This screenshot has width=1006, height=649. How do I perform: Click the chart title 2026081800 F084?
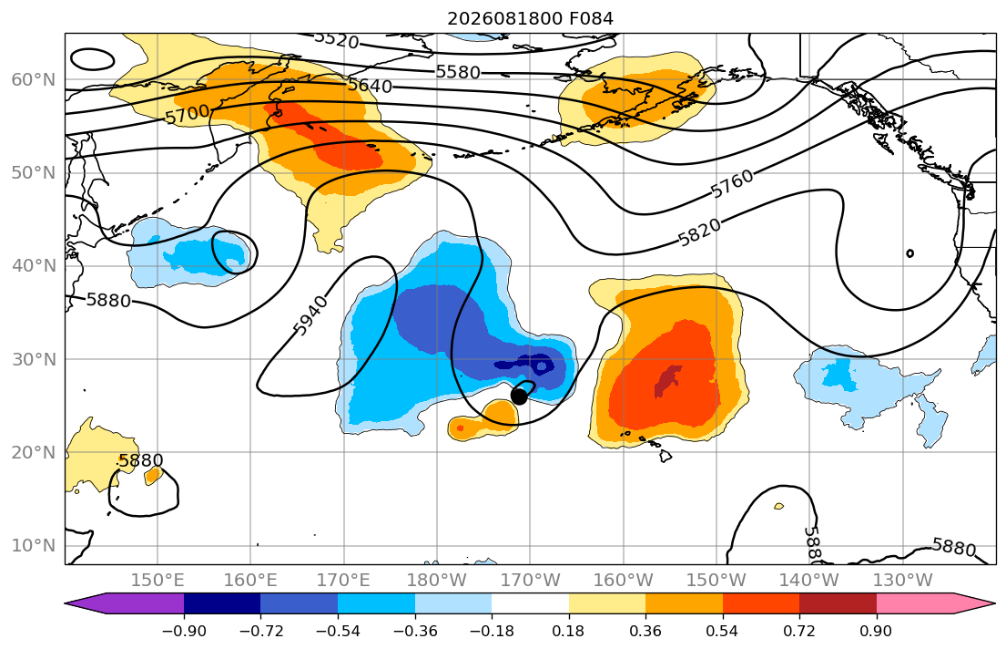click(x=530, y=18)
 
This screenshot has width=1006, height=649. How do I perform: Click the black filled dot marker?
click(x=519, y=397)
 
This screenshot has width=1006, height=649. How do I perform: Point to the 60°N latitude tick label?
click(x=34, y=79)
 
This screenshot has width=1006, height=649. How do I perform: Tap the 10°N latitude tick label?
click(x=34, y=546)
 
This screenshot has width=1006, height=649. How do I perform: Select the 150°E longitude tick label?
click(x=158, y=581)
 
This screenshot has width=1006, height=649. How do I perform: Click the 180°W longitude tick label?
click(x=437, y=581)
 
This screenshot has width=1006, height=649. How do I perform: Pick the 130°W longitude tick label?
click(x=903, y=581)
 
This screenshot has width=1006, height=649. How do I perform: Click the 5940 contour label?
click(x=310, y=315)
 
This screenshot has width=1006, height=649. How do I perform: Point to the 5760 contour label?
click(x=732, y=183)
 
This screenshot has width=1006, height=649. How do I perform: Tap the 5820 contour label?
click(x=699, y=232)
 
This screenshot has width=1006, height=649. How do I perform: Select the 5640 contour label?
click(x=370, y=85)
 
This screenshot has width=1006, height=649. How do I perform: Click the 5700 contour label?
click(x=188, y=115)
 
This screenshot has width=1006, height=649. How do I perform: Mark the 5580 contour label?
click(x=458, y=71)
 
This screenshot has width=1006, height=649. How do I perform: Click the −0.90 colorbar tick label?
click(x=184, y=631)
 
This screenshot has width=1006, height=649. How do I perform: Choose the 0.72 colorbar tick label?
click(x=799, y=631)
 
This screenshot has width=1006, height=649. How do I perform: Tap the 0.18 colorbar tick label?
click(x=568, y=631)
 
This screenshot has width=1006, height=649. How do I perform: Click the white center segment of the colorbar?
click(x=530, y=603)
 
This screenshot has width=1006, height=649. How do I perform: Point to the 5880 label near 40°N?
click(x=108, y=300)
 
